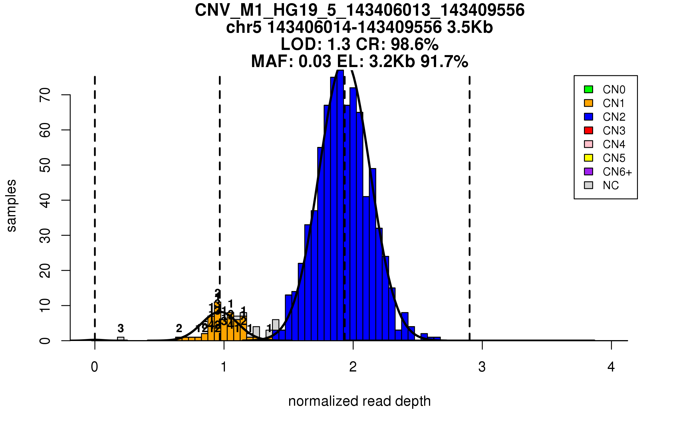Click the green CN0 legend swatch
pyautogui.click(x=589, y=89)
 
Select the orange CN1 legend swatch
pyautogui.click(x=589, y=103)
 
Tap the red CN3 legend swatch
pyautogui.click(x=589, y=130)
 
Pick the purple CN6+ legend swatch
pyautogui.click(x=589, y=171)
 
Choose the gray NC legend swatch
pyautogui.click(x=589, y=185)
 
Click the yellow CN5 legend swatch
pyautogui.click(x=589, y=158)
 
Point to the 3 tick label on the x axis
pyautogui.click(x=482, y=367)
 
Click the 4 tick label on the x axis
pyautogui.click(x=611, y=367)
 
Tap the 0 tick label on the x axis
pyautogui.click(x=94, y=367)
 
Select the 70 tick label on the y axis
pyautogui.click(x=45, y=95)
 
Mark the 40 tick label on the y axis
pyautogui.click(x=45, y=200)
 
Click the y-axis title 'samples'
pyautogui.click(x=11, y=205)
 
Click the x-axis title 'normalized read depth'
pyautogui.click(x=359, y=401)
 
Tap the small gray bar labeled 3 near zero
pyautogui.click(x=121, y=339)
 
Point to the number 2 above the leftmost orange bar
pyautogui.click(x=179, y=328)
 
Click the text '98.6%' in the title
pyautogui.click(x=414, y=44)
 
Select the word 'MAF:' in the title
pyautogui.click(x=272, y=61)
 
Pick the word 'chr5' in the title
pyautogui.click(x=244, y=27)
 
